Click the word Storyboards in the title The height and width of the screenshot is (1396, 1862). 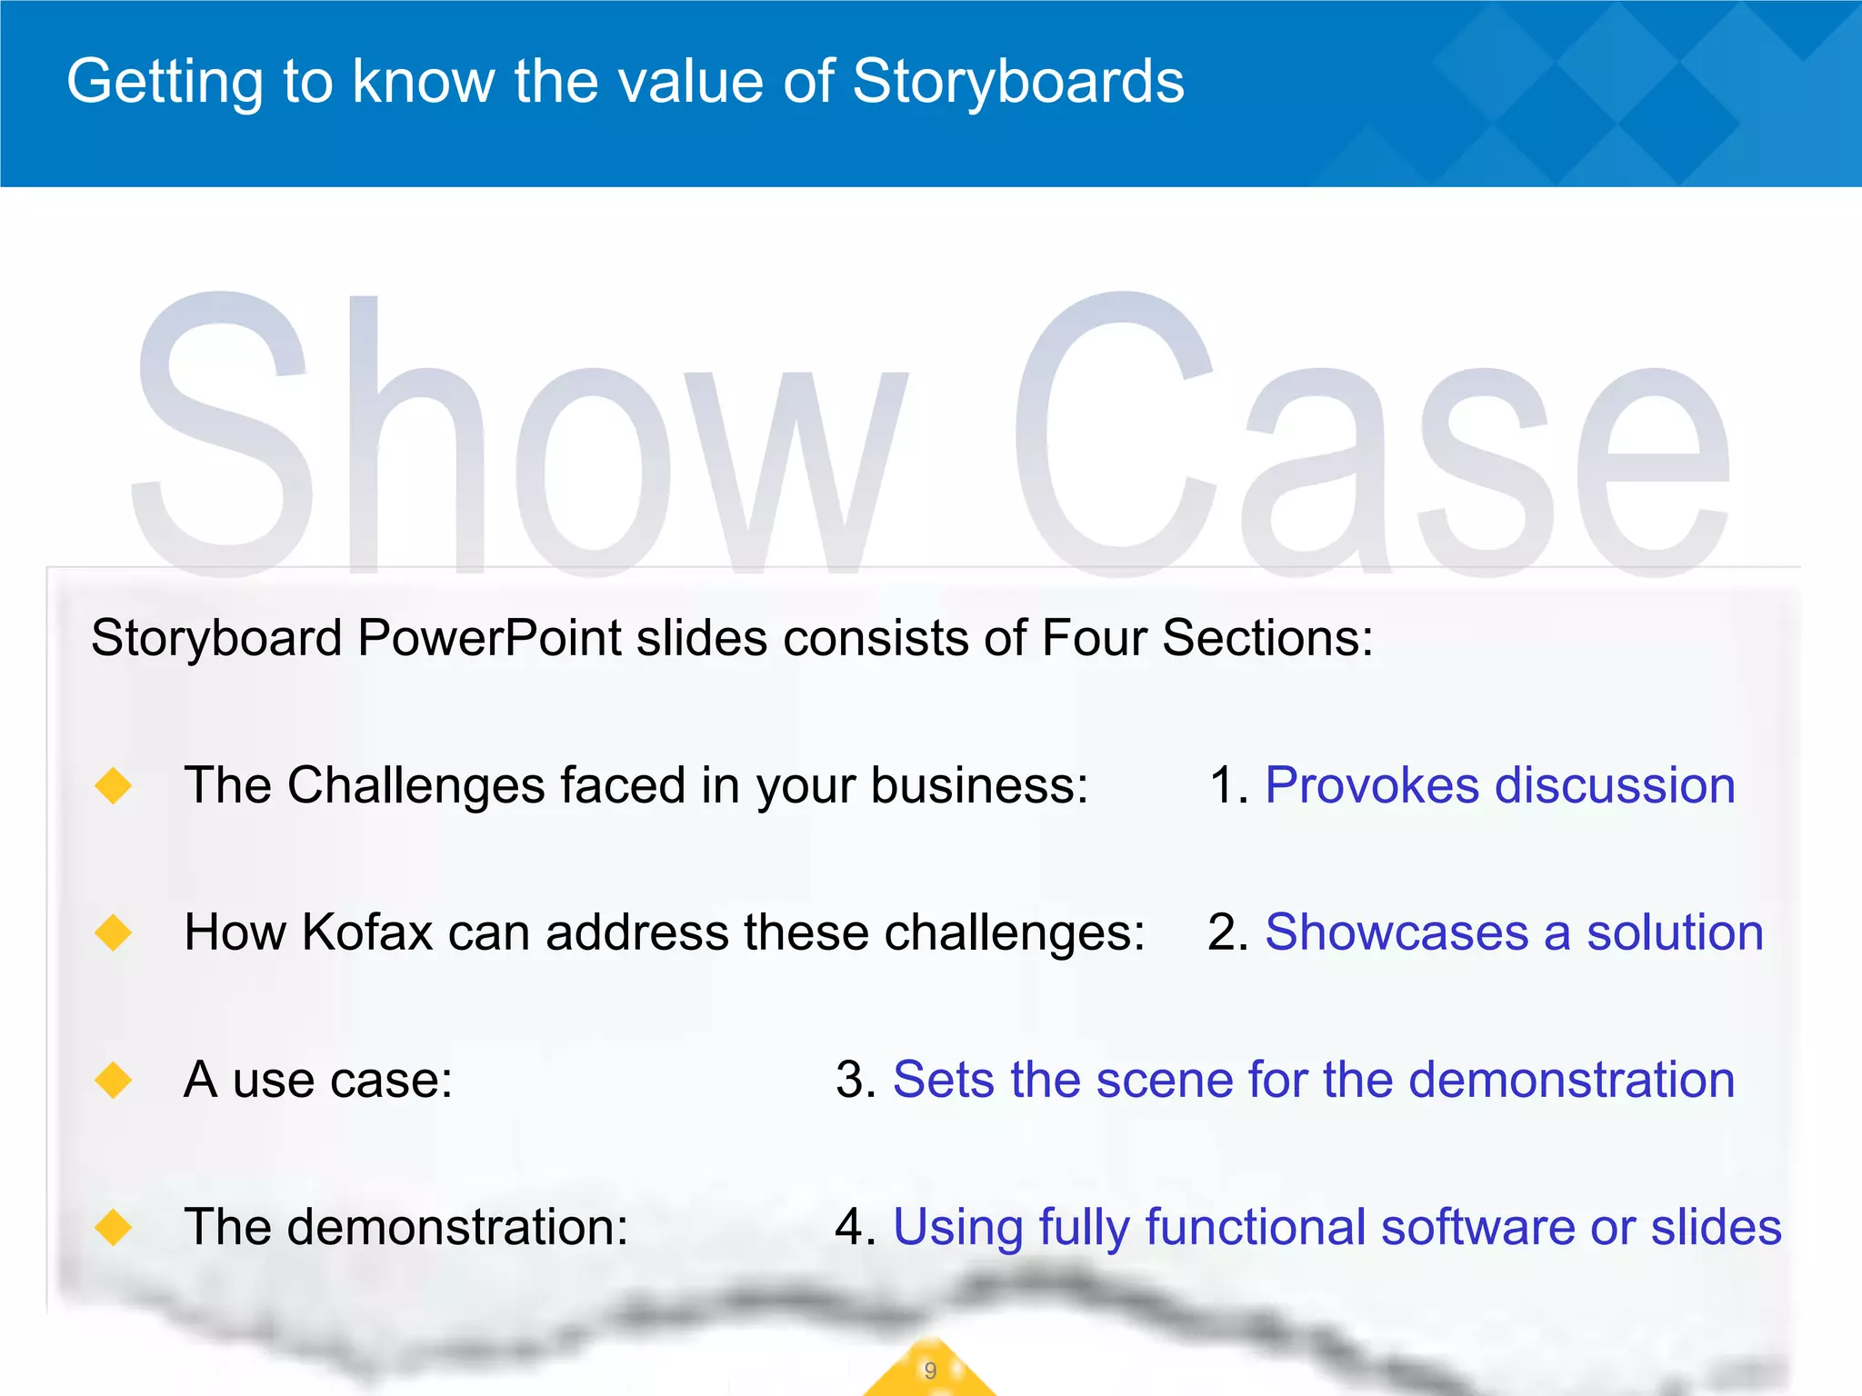click(1018, 82)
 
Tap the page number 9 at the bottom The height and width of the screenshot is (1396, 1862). click(929, 1371)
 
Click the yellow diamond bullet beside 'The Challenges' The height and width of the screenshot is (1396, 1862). click(114, 785)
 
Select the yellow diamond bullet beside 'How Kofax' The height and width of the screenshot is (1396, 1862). click(114, 932)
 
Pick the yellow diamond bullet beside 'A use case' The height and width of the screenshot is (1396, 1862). click(114, 1080)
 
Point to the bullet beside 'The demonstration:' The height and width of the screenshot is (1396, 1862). click(114, 1227)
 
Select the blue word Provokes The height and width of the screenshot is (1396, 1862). click(1372, 785)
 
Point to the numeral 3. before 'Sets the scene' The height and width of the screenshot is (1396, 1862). click(856, 1080)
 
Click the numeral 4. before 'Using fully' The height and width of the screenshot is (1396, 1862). click(856, 1227)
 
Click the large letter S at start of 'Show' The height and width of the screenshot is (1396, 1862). click(223, 436)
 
